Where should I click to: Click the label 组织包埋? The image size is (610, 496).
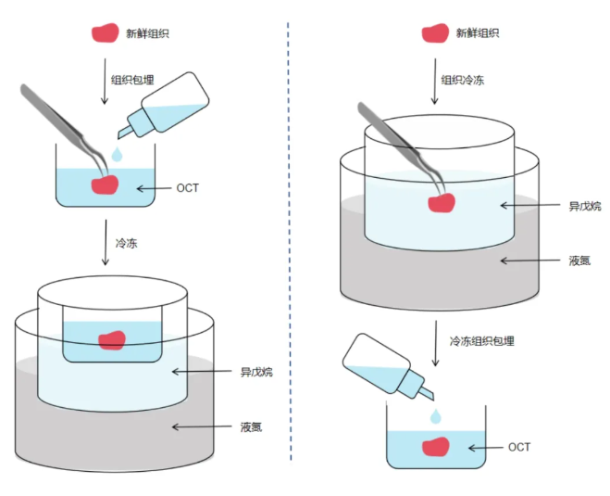[x=132, y=80]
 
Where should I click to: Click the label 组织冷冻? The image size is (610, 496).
[x=462, y=80]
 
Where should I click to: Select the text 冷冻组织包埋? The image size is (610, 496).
[x=482, y=340]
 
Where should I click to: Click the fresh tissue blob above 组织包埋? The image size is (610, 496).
[x=104, y=33]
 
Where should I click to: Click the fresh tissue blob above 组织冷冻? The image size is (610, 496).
[x=434, y=33]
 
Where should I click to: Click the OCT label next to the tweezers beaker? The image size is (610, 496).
[x=187, y=188]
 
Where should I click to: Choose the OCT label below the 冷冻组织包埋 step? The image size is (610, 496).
[x=519, y=447]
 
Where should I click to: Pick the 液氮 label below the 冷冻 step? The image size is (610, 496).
[x=251, y=426]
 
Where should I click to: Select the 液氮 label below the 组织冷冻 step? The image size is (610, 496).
[x=580, y=261]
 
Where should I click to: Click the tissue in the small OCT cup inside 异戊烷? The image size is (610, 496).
[x=111, y=340]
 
